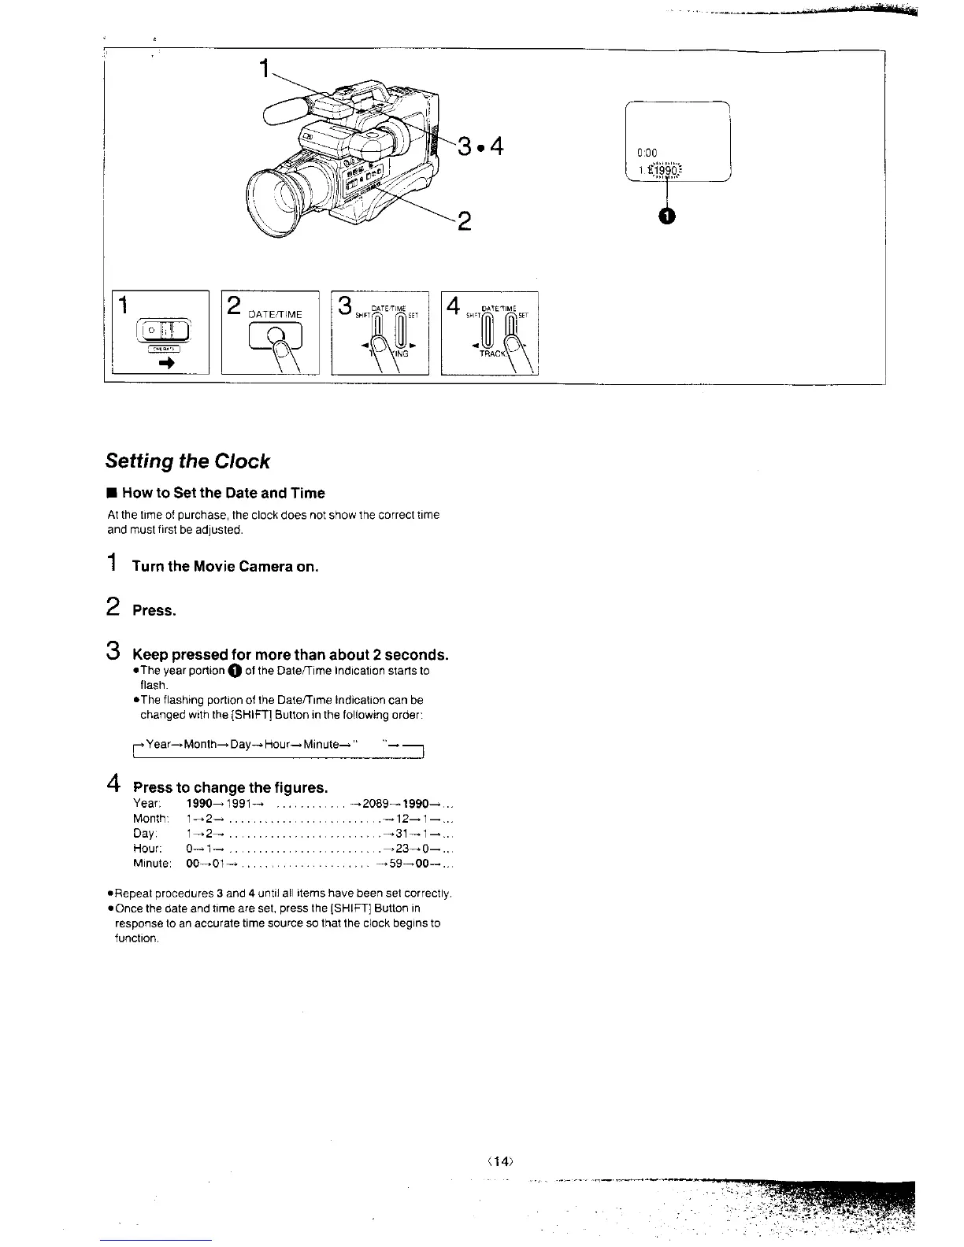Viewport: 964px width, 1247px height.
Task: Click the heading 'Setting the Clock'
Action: pos(187,461)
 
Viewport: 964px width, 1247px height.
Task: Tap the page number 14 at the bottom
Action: pos(499,1160)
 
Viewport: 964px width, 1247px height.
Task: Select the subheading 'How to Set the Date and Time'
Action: pos(223,493)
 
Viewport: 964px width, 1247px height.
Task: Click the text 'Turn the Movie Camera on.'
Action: pos(225,566)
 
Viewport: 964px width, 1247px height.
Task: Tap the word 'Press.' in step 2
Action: pos(154,610)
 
